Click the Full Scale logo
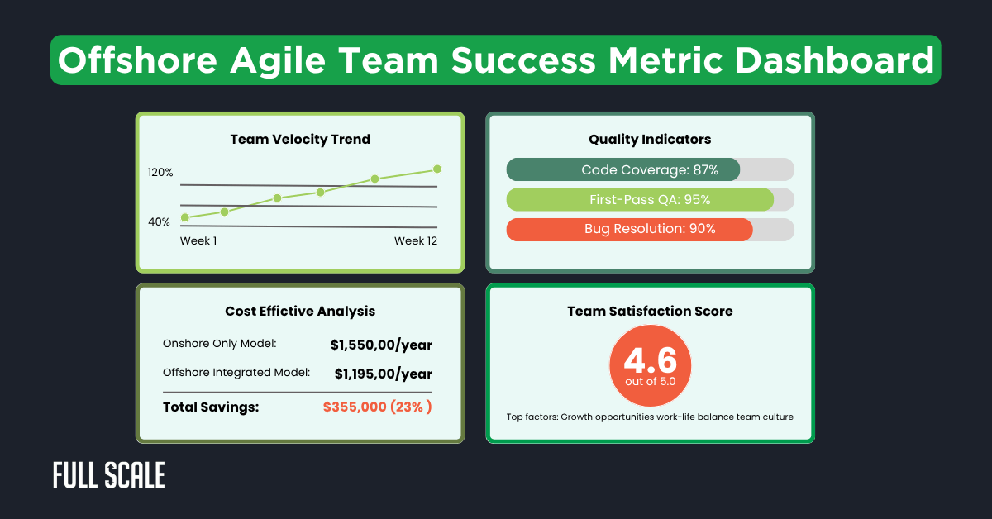108,475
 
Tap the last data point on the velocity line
437,169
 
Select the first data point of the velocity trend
185,217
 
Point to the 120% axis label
160,173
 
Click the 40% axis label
160,221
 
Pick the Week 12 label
415,240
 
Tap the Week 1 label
198,240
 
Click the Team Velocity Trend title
300,140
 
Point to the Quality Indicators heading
650,140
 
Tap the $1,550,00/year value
381,345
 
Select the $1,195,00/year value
384,374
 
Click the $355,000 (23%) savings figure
378,407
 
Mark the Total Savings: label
212,407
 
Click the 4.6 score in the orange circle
650,360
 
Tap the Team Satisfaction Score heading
650,312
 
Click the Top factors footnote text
650,417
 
